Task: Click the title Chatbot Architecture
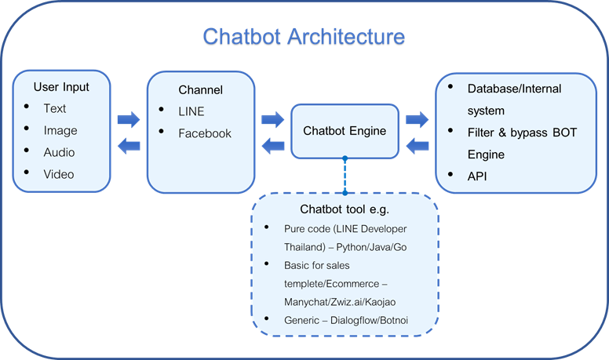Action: coord(304,37)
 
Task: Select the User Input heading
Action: coord(61,86)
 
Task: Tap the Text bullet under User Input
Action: coord(55,108)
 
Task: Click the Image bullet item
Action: coord(60,130)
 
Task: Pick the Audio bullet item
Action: coord(60,151)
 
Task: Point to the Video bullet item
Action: coord(59,173)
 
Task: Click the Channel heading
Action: coord(200,90)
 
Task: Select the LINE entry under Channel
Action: coord(191,111)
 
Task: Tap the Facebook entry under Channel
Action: coord(205,133)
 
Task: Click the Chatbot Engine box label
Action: coord(345,131)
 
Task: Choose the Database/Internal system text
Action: coord(514,99)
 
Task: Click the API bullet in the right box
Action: coord(476,176)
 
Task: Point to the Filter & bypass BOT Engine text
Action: coord(521,143)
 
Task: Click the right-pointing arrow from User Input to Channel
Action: coord(129,120)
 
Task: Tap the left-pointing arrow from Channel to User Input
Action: coord(129,144)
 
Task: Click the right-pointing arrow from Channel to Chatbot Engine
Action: coord(273,119)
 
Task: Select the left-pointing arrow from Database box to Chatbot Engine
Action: coord(418,144)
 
